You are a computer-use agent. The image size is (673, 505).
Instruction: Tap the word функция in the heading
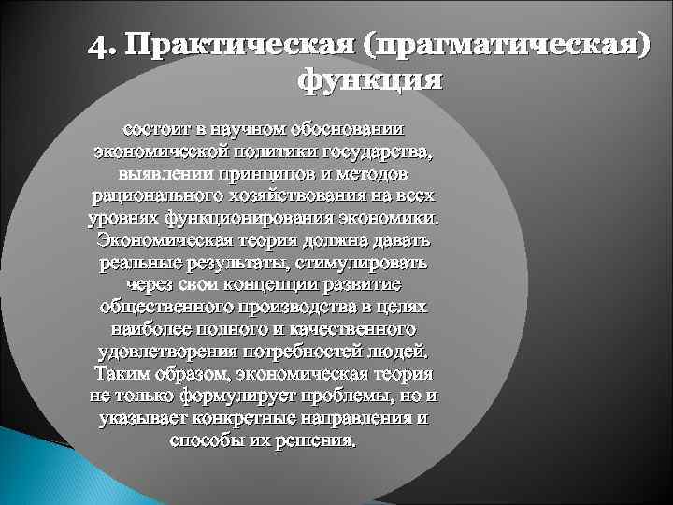(x=367, y=80)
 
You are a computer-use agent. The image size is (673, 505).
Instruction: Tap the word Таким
(x=121, y=374)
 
